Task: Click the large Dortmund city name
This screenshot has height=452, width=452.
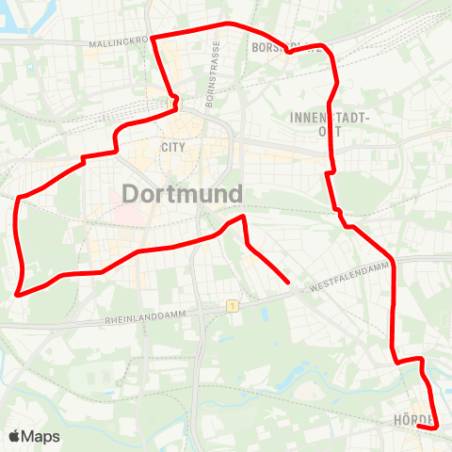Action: pos(183,194)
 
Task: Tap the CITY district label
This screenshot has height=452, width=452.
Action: pos(173,147)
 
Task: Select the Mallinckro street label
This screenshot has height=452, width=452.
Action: pos(117,42)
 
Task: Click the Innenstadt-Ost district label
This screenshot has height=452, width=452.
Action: pos(333,123)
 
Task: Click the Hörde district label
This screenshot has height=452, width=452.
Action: pos(412,419)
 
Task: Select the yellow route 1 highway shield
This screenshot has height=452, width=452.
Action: pos(231,306)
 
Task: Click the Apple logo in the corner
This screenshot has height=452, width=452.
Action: pos(14,436)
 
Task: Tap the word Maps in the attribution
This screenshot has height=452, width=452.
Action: pos(40,436)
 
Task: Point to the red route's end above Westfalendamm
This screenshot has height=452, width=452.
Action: pos(287,281)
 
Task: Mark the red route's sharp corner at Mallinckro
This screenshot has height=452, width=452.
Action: pos(152,37)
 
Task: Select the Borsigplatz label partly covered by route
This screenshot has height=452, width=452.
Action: pos(278,46)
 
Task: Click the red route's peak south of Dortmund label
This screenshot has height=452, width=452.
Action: pos(243,218)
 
